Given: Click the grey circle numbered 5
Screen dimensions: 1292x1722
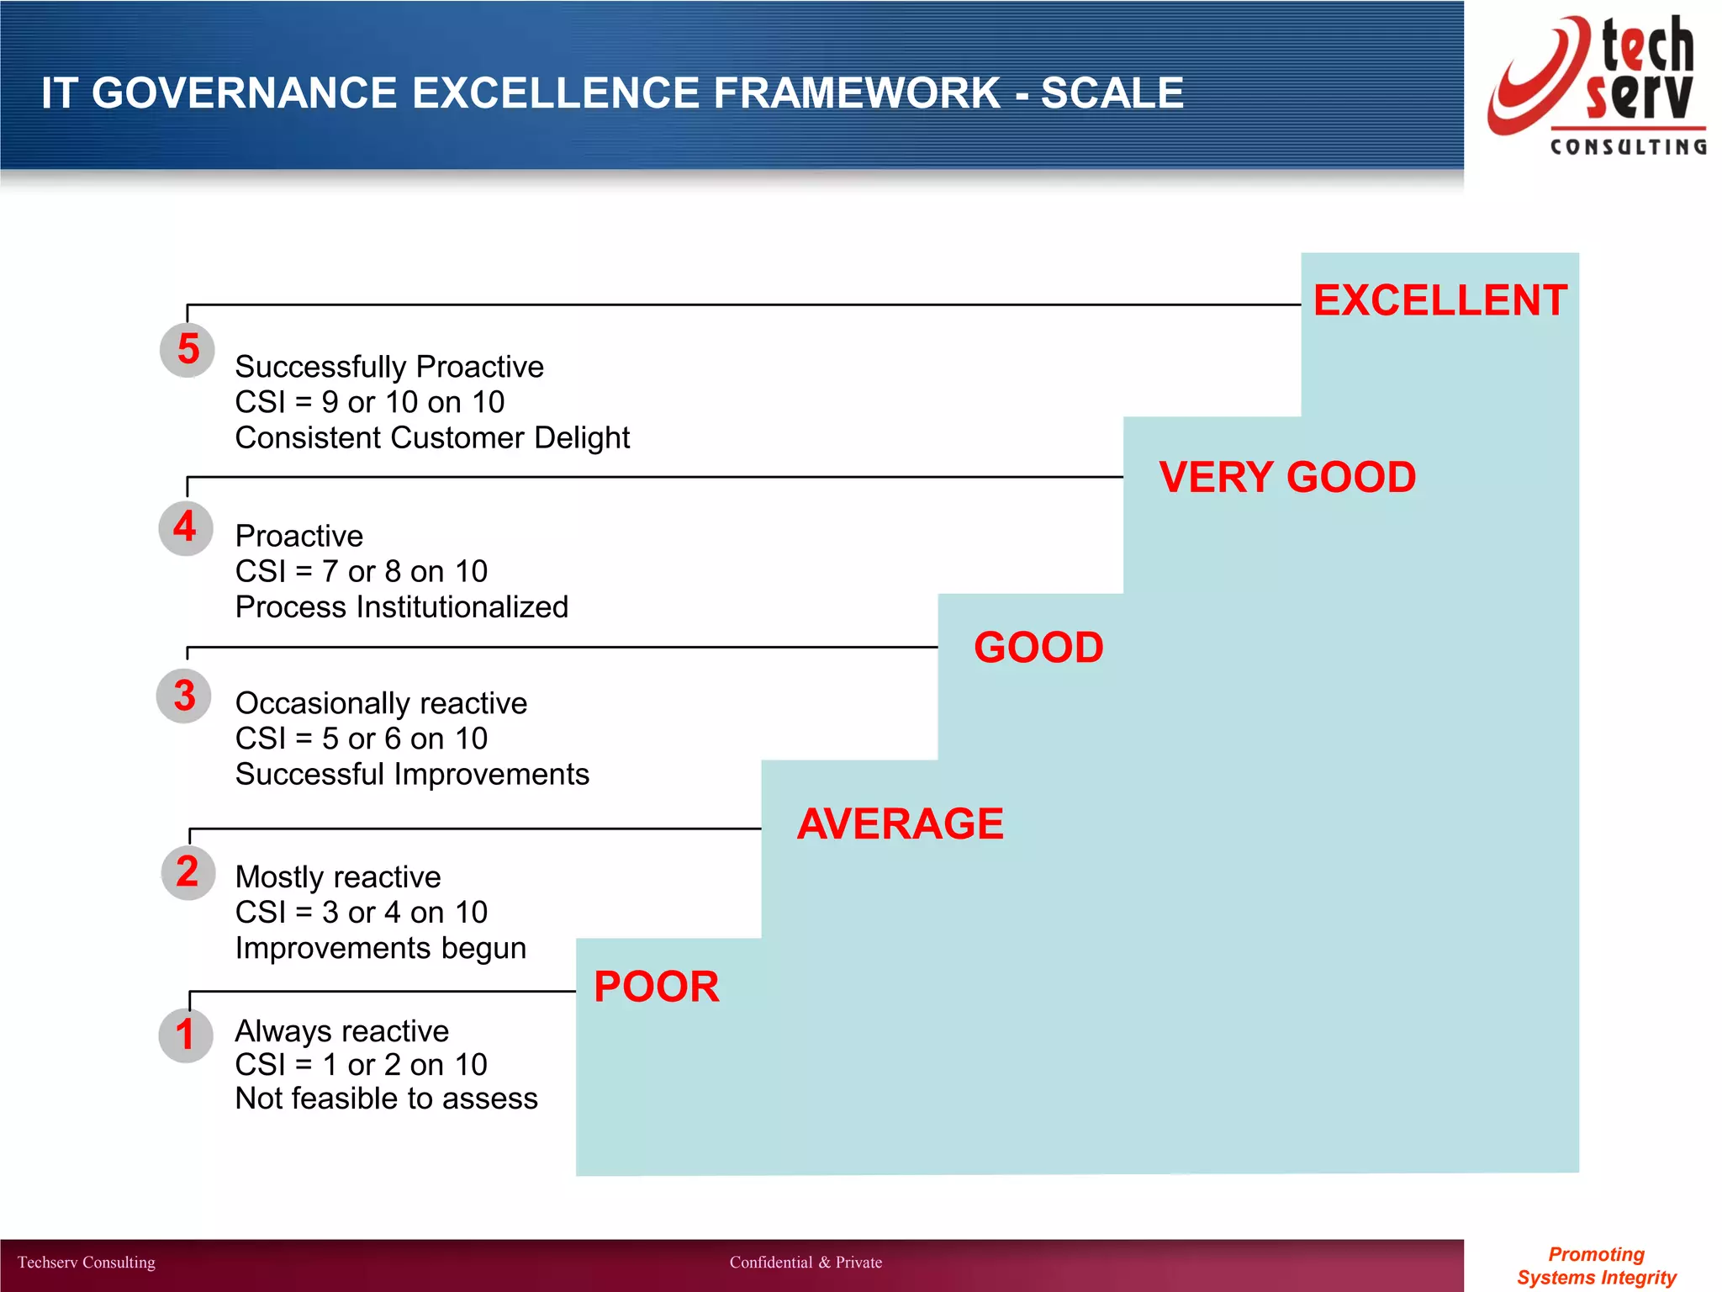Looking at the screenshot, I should [x=188, y=350].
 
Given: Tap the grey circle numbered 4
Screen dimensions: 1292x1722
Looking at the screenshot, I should [x=186, y=528].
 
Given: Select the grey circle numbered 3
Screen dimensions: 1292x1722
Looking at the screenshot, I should [x=184, y=696].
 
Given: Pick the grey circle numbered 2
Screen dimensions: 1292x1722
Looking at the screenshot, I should [x=188, y=872].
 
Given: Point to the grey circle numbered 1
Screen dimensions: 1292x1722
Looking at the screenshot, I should [x=186, y=1035].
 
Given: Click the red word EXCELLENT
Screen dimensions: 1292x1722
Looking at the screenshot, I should [x=1439, y=300].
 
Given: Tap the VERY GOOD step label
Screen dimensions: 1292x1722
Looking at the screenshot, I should [x=1286, y=477].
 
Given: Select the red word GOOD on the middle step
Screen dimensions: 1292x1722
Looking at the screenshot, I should [x=1038, y=648].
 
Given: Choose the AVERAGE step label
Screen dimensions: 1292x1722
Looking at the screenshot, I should [x=900, y=823].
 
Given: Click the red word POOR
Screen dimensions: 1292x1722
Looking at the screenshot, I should [x=657, y=987].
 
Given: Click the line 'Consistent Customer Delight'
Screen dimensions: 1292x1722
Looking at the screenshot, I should [x=432, y=438].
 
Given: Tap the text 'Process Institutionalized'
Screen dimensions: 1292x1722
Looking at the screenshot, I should [x=402, y=607].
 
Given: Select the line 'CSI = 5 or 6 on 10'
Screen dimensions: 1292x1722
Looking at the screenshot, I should [x=362, y=739].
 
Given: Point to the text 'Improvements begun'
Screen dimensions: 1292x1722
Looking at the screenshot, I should [x=381, y=948].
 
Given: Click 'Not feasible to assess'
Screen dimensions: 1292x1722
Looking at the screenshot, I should [x=386, y=1099].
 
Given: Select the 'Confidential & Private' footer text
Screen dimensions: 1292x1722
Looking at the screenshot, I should [x=806, y=1263].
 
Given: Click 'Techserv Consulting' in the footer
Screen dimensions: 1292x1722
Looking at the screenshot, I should [x=87, y=1263].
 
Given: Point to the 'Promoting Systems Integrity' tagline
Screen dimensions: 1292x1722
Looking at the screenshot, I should [x=1596, y=1266].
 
